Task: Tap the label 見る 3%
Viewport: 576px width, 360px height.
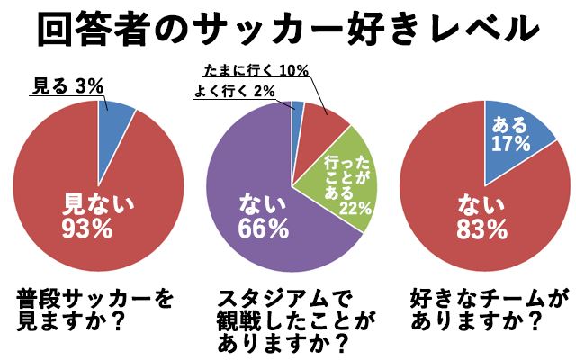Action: click(x=68, y=86)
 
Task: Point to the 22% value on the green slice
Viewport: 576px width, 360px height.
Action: click(x=357, y=208)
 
